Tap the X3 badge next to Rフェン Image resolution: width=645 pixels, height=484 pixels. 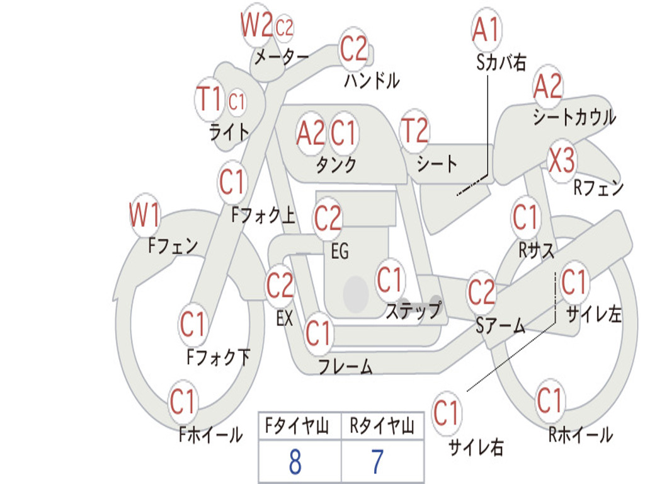(x=561, y=161)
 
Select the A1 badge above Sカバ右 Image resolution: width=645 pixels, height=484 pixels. (x=486, y=30)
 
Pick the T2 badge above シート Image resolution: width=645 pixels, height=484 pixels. (x=414, y=131)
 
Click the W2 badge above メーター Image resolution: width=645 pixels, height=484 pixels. (x=257, y=26)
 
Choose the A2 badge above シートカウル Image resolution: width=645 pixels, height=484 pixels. (x=547, y=87)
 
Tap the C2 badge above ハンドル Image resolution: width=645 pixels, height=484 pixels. (x=353, y=49)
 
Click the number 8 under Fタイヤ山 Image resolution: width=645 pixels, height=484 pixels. (x=295, y=462)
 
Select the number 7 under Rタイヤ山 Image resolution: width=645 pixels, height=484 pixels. (x=377, y=462)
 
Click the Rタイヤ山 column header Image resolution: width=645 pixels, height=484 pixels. (x=382, y=427)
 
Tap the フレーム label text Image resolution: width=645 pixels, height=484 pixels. (x=345, y=366)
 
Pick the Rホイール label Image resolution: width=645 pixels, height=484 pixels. (x=580, y=434)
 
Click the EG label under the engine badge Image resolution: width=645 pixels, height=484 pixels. (x=340, y=251)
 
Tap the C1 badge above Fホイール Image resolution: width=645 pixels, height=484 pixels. (x=183, y=401)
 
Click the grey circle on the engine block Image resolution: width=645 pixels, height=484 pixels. (x=355, y=292)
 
